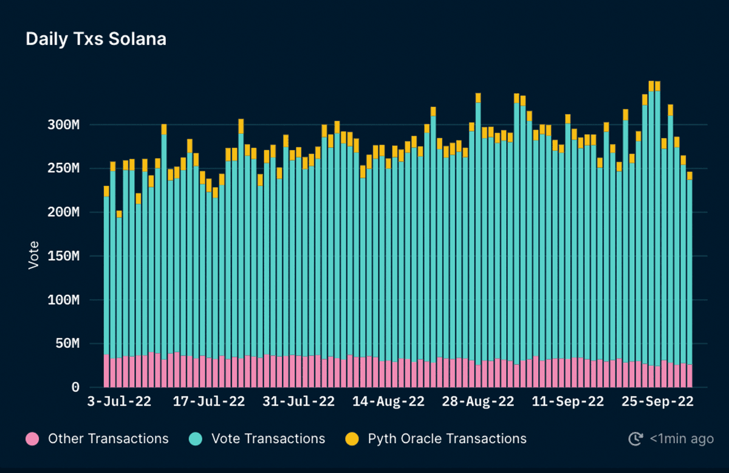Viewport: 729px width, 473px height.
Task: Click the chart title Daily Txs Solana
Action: coord(96,40)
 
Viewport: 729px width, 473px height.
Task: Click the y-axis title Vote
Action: coord(34,255)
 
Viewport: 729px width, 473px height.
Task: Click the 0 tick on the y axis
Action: coord(75,387)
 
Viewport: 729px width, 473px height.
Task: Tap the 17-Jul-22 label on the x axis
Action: coord(209,402)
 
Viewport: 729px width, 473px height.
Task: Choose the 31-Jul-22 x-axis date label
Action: coord(299,402)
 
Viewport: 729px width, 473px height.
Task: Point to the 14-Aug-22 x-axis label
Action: coord(388,402)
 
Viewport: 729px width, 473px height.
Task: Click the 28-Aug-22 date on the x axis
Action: coord(478,402)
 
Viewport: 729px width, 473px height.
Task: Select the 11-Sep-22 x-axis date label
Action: coord(568,402)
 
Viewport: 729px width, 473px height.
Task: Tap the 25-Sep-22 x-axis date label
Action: coord(657,402)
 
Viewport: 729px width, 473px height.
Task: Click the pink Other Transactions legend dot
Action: coord(33,439)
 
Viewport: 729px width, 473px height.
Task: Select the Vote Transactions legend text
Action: coord(268,439)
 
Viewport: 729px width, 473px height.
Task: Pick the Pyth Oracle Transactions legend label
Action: coord(447,439)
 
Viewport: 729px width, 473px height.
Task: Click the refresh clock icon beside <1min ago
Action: coord(635,439)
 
